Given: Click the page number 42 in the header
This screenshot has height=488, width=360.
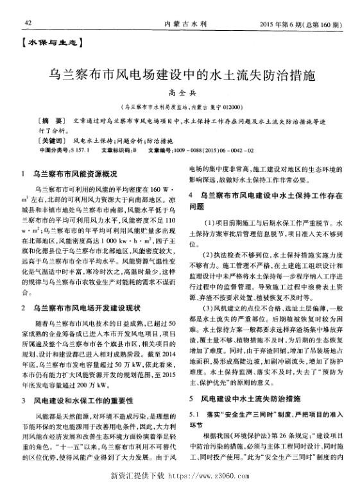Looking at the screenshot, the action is [28, 23].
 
